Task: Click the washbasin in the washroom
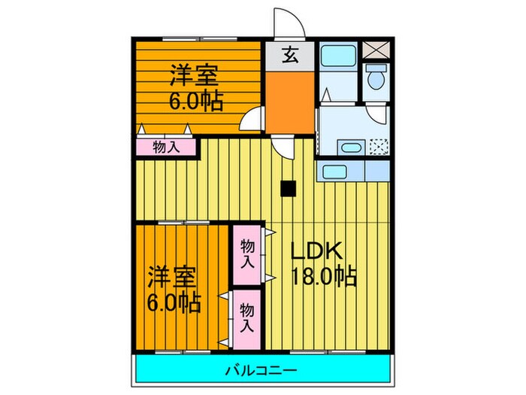coord(348,147)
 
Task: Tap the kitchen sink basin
coord(331,171)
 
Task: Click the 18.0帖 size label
coord(324,277)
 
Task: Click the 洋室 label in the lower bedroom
coord(172,276)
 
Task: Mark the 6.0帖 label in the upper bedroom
coord(195,101)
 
